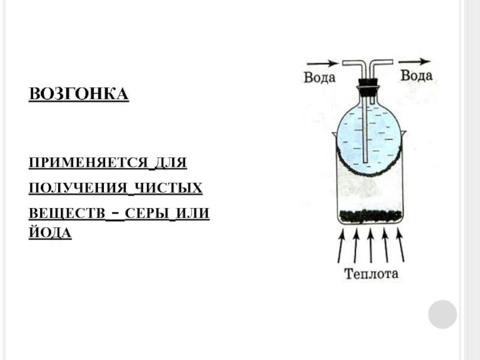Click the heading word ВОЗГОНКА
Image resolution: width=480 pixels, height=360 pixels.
pos(79,95)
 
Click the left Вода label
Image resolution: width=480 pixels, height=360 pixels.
pos(319,78)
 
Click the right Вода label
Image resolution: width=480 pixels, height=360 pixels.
pos(416,76)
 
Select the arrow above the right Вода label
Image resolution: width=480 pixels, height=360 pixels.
pos(415,61)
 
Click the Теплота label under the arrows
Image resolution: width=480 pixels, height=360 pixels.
pos(371,275)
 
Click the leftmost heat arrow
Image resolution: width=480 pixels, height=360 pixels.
pos(341,246)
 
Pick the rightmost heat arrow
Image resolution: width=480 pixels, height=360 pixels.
pos(399,246)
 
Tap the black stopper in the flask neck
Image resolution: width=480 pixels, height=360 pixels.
pos(367,85)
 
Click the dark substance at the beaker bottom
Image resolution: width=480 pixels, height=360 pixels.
pos(370,215)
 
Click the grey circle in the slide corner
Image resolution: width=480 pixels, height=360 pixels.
pos(443,314)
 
